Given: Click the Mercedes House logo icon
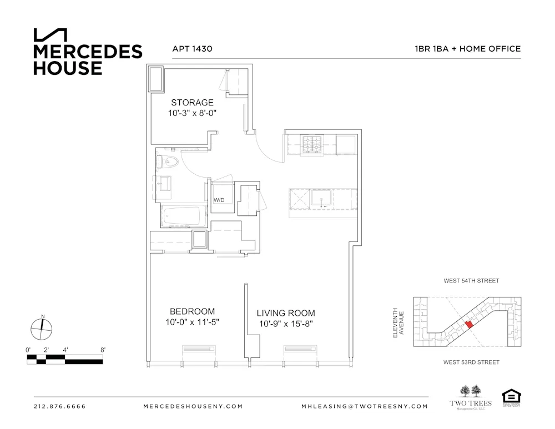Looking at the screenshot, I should point(51,34).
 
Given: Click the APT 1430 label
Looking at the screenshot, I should point(192,49).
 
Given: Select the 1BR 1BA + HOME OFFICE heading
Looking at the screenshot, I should point(467,49).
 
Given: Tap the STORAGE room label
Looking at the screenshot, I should point(192,103).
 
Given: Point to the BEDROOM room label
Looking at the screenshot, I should point(192,311).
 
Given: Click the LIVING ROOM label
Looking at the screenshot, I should point(286,313).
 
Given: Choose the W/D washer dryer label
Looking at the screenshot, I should point(219,199).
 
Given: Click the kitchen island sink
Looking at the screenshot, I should point(321,198).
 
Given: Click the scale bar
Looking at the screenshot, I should point(65,359).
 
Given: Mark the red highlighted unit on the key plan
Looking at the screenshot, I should point(468,324).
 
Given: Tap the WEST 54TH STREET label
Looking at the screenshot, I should point(471,281).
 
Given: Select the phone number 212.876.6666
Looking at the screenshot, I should point(60,406).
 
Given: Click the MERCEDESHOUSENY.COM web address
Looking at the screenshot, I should point(193,406).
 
